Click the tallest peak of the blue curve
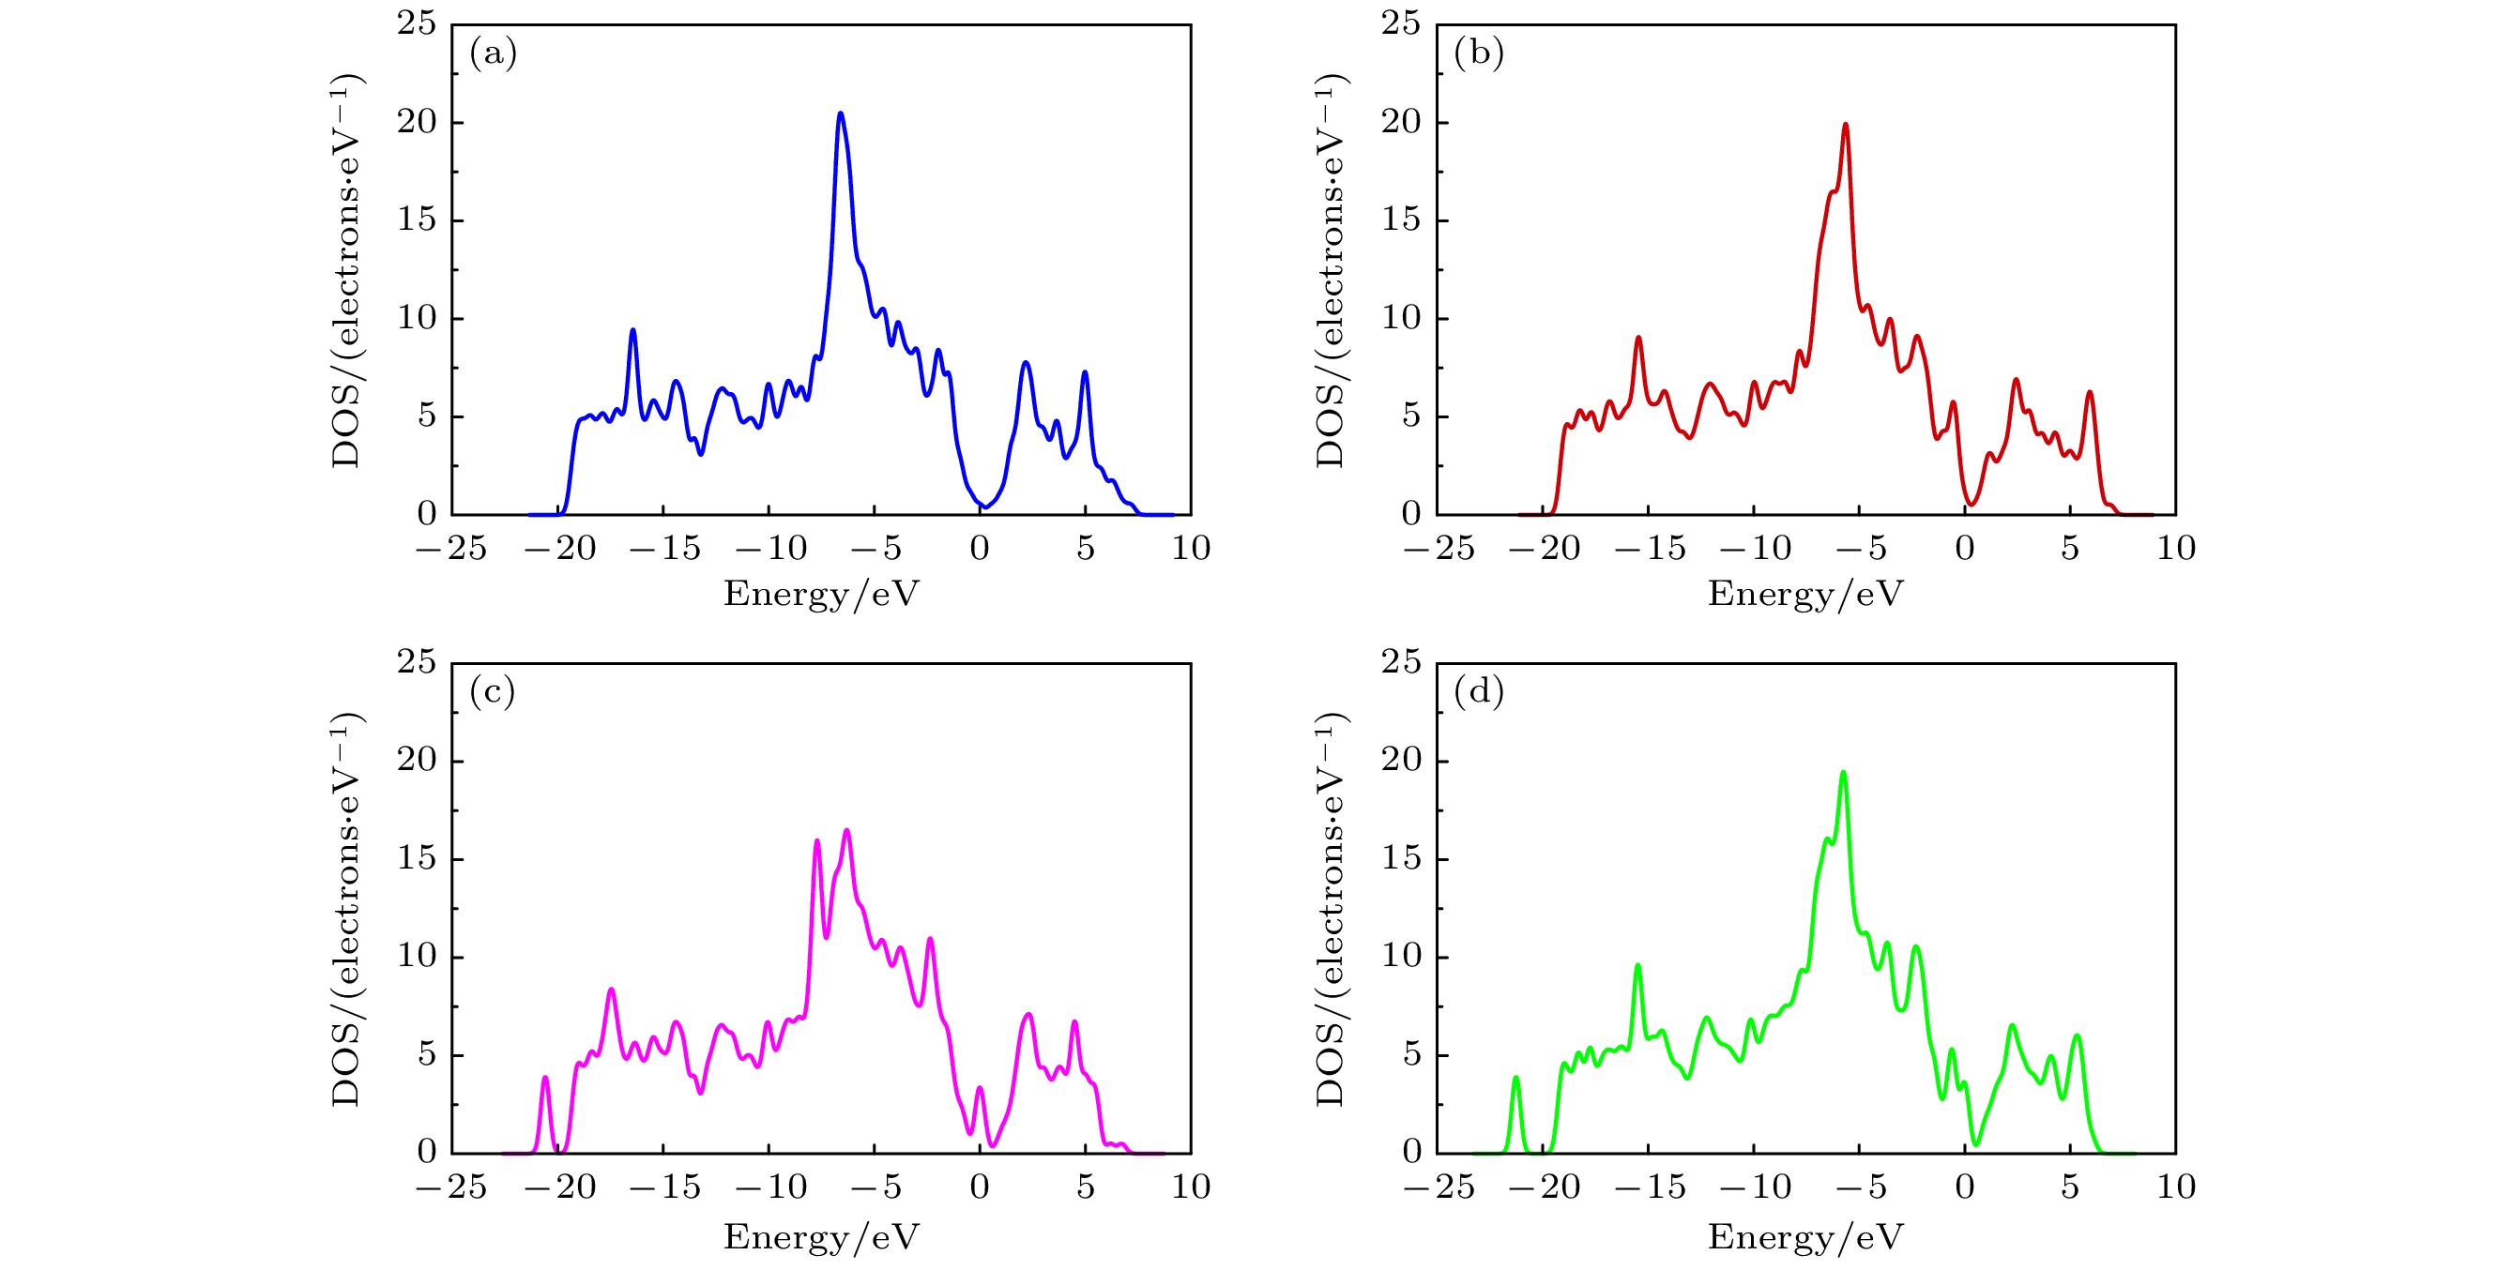coord(840,114)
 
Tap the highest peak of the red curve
coord(1845,125)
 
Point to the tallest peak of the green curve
coord(1843,773)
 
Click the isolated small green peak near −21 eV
coord(1515,1078)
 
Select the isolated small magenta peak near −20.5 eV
coord(545,1078)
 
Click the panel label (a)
coord(493,53)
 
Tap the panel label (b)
coord(1478,53)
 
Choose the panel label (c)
coord(492,691)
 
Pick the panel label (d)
coord(1478,691)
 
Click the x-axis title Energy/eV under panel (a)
coord(821,594)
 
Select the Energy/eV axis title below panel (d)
coord(1805,1237)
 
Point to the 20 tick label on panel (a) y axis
coord(417,122)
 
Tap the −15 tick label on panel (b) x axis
coord(1650,549)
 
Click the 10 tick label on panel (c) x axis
coord(1191,1187)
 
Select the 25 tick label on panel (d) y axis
coord(1400,663)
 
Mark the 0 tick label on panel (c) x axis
coord(979,1187)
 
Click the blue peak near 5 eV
coord(1085,372)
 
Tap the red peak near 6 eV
coord(2090,393)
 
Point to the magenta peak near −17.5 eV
coord(612,990)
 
